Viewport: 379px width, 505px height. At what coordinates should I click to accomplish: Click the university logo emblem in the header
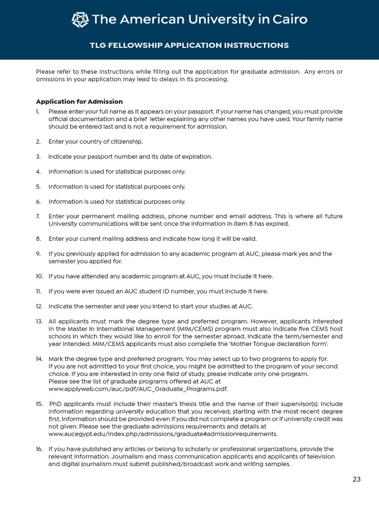click(x=80, y=20)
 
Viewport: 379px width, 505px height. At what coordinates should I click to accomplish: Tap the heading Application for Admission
click(x=79, y=102)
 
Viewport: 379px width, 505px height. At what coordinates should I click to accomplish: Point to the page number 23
click(x=356, y=479)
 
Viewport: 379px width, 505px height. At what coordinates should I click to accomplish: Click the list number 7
click(x=38, y=216)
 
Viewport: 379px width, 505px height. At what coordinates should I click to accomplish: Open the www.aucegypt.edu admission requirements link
click(x=163, y=434)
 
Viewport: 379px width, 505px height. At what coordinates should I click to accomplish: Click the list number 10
click(x=39, y=276)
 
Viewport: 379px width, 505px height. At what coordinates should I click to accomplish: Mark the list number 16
click(x=39, y=449)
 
